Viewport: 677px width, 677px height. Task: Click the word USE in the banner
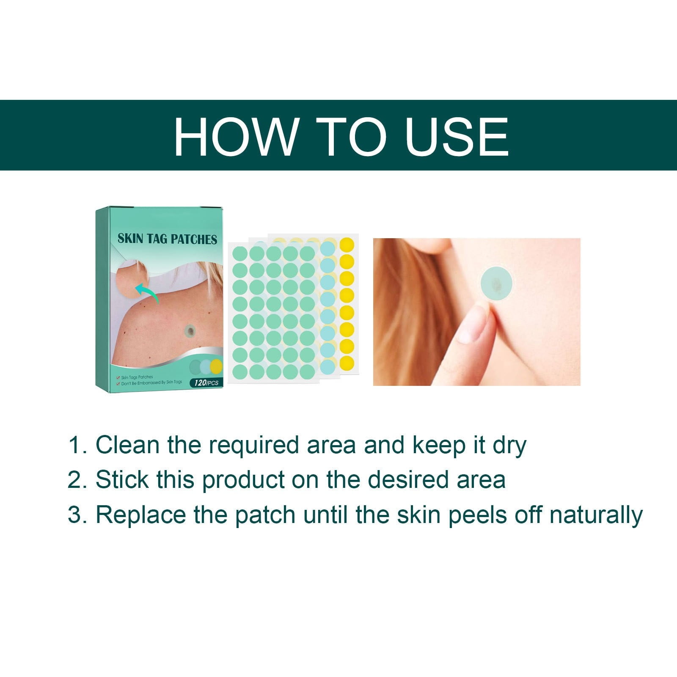tap(457, 136)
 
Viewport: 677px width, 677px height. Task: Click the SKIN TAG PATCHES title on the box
tap(167, 239)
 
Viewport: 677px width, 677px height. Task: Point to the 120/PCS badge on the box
tap(206, 383)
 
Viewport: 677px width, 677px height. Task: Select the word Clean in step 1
tap(127, 445)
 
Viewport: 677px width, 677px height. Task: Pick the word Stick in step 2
tap(122, 480)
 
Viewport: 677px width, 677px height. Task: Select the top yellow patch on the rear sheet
tap(347, 244)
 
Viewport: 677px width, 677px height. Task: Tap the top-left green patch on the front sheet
tap(240, 253)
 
